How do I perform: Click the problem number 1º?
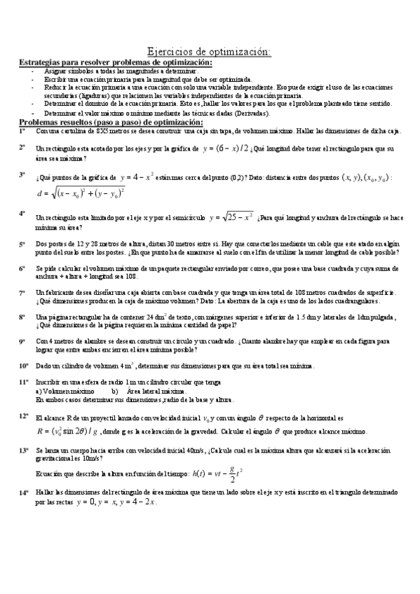coord(22,130)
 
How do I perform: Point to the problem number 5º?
coord(22,244)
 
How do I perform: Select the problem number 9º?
coord(22,340)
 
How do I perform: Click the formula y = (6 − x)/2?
coord(225,148)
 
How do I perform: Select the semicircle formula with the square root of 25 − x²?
coord(231,218)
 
